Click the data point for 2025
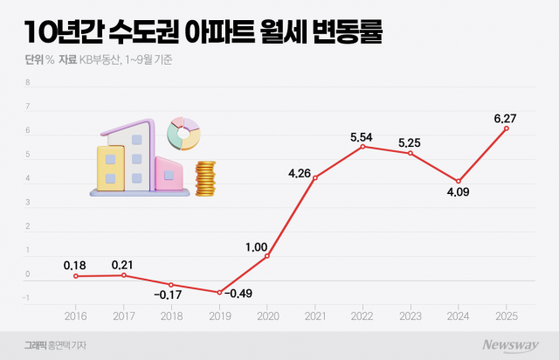507,128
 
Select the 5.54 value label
362,137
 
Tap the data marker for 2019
219,293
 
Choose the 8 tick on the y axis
28,84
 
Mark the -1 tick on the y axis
27,299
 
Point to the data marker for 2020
267,256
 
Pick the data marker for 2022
362,147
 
